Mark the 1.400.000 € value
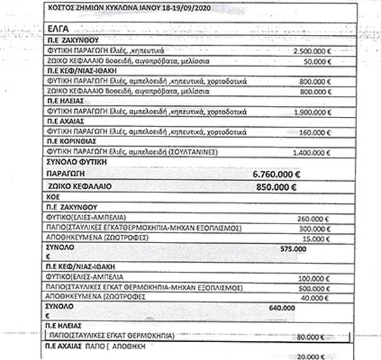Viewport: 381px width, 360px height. coord(312,153)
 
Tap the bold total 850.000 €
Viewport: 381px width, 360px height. coord(276,187)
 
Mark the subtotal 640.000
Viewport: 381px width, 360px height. coord(282,307)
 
